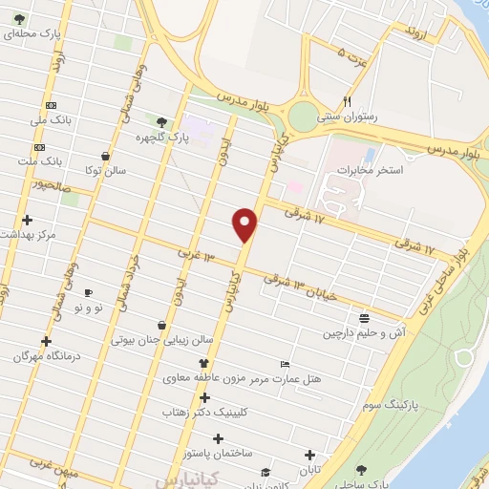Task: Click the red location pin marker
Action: point(245,224)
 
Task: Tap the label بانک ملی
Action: point(51,120)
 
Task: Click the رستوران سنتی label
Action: point(350,116)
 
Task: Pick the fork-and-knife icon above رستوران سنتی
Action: point(348,101)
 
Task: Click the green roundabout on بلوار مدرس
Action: point(303,117)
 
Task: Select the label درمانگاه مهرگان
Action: point(43,355)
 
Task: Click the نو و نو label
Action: point(88,308)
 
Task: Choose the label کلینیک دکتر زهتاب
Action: point(213,412)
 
